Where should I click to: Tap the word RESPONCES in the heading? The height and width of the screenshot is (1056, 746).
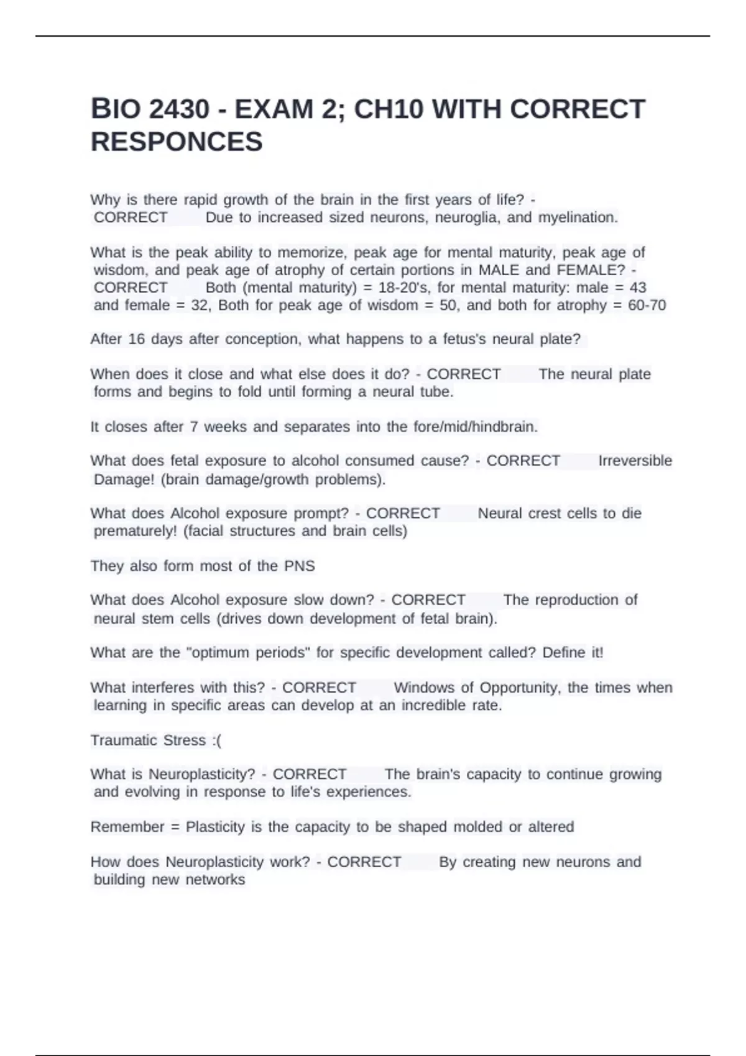point(177,142)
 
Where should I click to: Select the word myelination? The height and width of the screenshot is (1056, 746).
point(578,217)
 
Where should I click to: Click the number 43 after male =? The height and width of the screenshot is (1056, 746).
point(638,288)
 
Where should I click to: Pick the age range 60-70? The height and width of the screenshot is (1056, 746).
point(647,305)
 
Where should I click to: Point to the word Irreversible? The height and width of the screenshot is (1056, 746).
point(635,461)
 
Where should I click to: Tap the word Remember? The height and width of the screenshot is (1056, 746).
point(127,827)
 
